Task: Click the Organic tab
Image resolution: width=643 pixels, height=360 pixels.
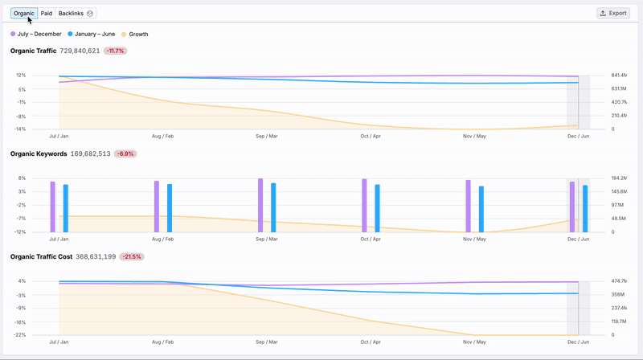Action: pyautogui.click(x=24, y=14)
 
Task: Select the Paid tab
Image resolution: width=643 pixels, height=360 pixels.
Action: pyautogui.click(x=47, y=14)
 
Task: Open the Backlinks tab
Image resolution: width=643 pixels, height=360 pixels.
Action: pyautogui.click(x=76, y=14)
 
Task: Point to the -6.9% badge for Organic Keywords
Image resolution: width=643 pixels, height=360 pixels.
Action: pyautogui.click(x=125, y=153)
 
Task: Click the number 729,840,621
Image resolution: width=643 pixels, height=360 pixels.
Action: pyautogui.click(x=80, y=51)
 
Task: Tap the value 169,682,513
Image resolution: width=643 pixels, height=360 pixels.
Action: pyautogui.click(x=90, y=153)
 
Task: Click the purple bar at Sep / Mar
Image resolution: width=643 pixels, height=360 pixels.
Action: pyautogui.click(x=260, y=205)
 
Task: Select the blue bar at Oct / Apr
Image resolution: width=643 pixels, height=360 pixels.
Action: pyautogui.click(x=377, y=208)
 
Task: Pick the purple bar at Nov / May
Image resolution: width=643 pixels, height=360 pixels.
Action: pyautogui.click(x=468, y=206)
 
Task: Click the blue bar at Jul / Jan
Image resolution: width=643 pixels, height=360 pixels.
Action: pyautogui.click(x=65, y=208)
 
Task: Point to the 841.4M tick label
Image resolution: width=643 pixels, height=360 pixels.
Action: pyautogui.click(x=620, y=75)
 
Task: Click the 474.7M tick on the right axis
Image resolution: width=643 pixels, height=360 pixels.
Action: pyautogui.click(x=620, y=281)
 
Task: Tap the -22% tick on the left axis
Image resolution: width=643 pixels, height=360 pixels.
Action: pyautogui.click(x=21, y=335)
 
